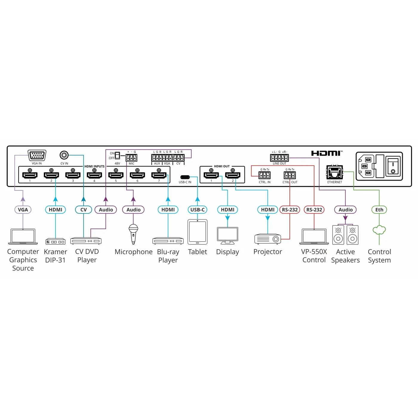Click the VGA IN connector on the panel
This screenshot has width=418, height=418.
tap(37, 155)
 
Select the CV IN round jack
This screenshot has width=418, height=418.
tap(64, 155)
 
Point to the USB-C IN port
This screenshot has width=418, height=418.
tap(185, 177)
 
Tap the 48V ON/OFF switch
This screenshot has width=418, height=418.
tap(117, 155)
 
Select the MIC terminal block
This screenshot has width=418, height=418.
tap(131, 158)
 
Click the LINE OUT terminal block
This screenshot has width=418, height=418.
tap(279, 158)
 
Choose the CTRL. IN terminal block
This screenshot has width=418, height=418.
tap(265, 175)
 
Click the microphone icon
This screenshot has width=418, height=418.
tap(133, 234)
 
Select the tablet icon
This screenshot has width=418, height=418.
tap(197, 232)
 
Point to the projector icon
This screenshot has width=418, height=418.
tap(268, 239)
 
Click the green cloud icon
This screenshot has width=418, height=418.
tap(379, 230)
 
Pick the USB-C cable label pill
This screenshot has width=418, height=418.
tap(197, 210)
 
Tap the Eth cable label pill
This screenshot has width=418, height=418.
tap(379, 210)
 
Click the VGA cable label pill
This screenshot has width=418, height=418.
tap(23, 210)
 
